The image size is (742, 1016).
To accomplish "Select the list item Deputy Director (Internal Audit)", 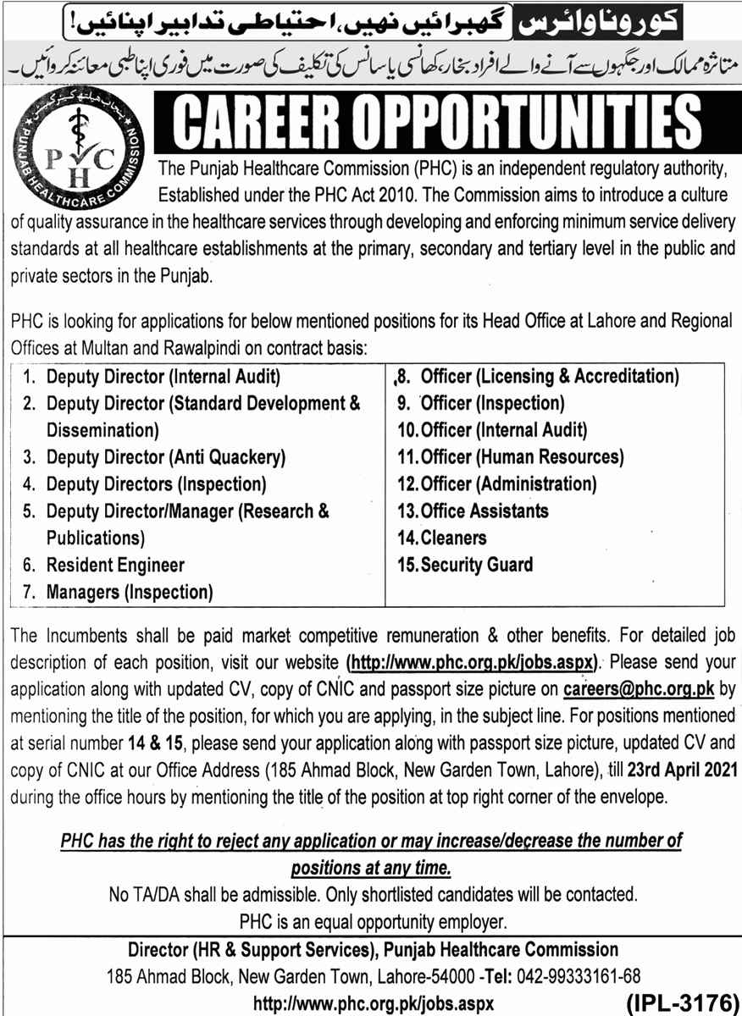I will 163,376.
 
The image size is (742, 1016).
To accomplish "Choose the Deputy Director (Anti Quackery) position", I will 166,457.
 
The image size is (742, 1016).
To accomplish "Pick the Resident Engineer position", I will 115,565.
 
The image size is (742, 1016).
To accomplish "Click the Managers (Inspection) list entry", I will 130,592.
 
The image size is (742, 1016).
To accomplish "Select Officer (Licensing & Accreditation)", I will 550,376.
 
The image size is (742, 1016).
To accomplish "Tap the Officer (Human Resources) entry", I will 522,457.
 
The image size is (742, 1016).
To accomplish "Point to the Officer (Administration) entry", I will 508,484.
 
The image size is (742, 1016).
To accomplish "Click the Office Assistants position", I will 484,511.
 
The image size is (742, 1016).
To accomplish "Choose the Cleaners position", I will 453,538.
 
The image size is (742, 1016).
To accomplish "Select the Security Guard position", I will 476,565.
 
